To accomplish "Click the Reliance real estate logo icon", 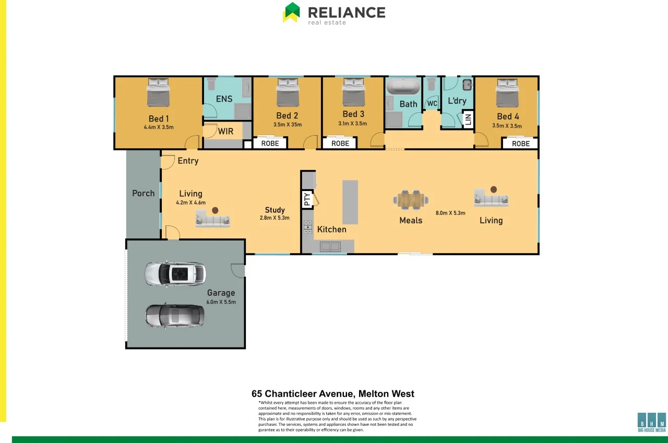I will (x=291, y=13).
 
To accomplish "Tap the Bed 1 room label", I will (x=159, y=118).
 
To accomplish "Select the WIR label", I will (x=225, y=131).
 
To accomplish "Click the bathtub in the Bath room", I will (x=403, y=87).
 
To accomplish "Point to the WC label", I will (x=432, y=104).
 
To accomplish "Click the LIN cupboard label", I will (x=468, y=119).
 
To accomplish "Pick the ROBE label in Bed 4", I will (x=520, y=143).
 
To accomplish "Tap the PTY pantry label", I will (x=307, y=198).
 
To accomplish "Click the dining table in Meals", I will (x=411, y=199).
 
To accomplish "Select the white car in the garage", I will (x=175, y=274).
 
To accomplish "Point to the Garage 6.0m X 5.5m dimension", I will (x=221, y=302).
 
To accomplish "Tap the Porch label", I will (x=143, y=193).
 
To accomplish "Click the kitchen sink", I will (x=330, y=246).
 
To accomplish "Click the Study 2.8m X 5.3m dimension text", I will (x=275, y=218).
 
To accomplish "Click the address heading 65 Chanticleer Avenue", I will (x=332, y=394).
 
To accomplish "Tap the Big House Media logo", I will (x=652, y=422).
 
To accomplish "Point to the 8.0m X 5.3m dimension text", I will (x=450, y=213).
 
